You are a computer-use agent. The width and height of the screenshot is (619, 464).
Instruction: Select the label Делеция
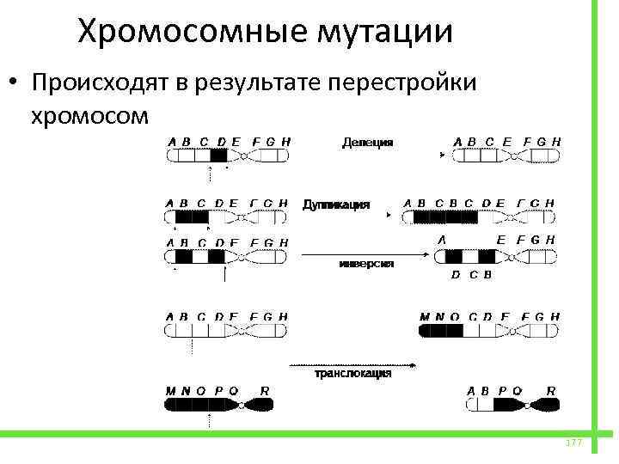pyautogui.click(x=368, y=142)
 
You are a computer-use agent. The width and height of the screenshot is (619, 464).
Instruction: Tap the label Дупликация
pyautogui.click(x=336, y=205)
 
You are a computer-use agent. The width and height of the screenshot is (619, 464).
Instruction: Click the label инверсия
pyautogui.click(x=366, y=265)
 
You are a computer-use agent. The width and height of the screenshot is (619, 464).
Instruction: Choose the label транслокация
pyautogui.click(x=352, y=374)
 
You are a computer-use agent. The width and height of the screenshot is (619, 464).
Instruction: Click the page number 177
pyautogui.click(x=573, y=442)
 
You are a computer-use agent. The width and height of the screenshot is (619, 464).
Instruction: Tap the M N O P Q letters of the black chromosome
pyautogui.click(x=201, y=391)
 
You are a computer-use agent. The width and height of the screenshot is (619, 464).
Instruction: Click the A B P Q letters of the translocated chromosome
pyautogui.click(x=494, y=391)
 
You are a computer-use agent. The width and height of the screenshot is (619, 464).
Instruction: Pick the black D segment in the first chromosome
pyautogui.click(x=218, y=156)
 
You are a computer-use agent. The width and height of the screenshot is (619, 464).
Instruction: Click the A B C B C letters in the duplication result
pyautogui.click(x=440, y=204)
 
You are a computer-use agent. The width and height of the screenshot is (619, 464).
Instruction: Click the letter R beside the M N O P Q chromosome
pyautogui.click(x=265, y=391)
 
